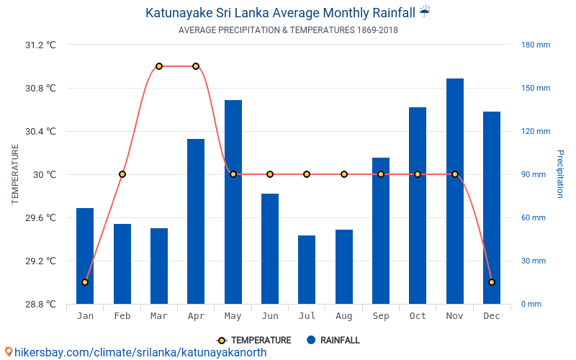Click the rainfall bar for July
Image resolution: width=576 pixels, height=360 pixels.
307,269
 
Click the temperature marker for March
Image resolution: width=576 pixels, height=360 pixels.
159,66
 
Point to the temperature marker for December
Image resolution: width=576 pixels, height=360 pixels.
492,282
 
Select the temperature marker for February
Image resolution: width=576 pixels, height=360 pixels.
122,174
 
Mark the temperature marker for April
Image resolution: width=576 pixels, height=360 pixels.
196,66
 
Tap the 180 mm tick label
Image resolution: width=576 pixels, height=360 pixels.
536,45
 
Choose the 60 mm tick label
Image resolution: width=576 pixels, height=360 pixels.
534,217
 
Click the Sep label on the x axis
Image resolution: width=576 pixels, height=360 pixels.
381,316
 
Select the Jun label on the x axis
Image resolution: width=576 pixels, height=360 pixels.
270,316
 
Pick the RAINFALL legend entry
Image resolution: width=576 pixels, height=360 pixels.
333,340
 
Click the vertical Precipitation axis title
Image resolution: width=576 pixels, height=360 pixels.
560,174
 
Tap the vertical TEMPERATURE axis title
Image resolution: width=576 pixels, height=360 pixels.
15,174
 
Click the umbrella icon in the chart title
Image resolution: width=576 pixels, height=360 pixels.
425,12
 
